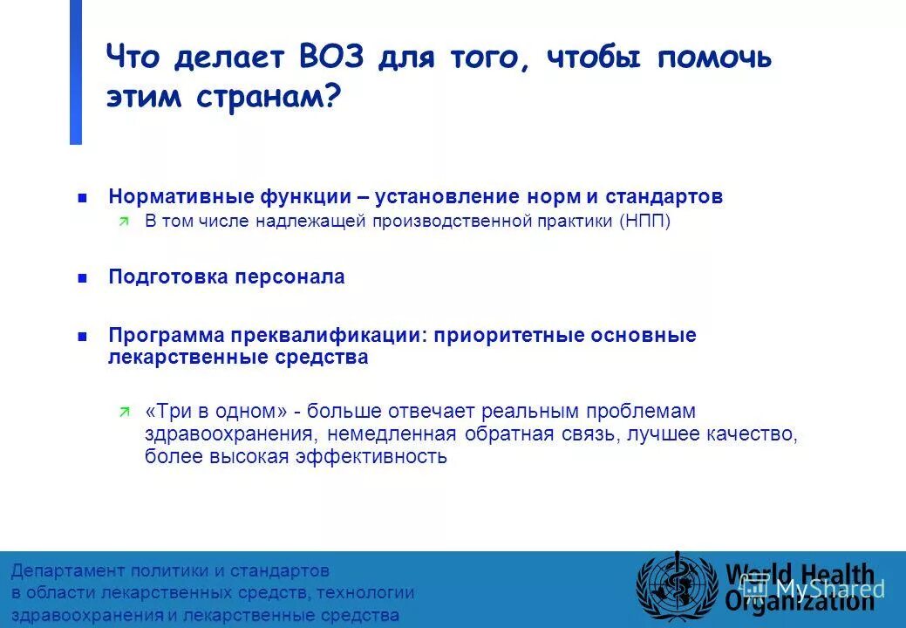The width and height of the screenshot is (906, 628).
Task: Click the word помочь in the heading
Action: point(714,58)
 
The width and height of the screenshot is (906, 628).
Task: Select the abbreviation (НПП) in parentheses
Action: point(645,222)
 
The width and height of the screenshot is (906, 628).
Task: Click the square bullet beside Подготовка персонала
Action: point(82,278)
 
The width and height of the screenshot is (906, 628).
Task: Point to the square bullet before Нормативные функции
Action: point(82,198)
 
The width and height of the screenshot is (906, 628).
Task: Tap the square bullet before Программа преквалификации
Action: point(82,336)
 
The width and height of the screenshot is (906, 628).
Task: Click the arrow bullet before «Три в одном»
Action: point(123,412)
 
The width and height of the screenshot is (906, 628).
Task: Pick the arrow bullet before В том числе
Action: point(123,222)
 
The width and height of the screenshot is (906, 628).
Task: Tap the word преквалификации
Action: point(325,335)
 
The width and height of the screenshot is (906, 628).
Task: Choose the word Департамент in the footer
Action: point(68,571)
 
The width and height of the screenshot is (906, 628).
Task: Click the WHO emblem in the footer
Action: point(676,585)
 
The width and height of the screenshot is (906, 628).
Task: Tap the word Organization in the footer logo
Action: point(800,600)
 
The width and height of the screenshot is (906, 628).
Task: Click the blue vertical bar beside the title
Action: point(76,72)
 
